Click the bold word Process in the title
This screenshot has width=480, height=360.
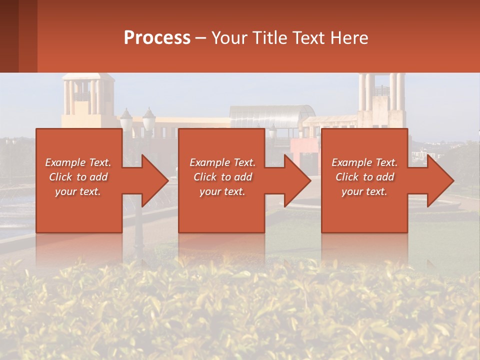click(x=157, y=38)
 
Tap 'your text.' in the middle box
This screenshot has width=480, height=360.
click(x=222, y=191)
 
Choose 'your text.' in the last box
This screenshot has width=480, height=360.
click(x=364, y=191)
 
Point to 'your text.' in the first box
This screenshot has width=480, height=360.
click(x=78, y=191)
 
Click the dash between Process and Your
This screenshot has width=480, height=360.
click(x=201, y=38)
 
